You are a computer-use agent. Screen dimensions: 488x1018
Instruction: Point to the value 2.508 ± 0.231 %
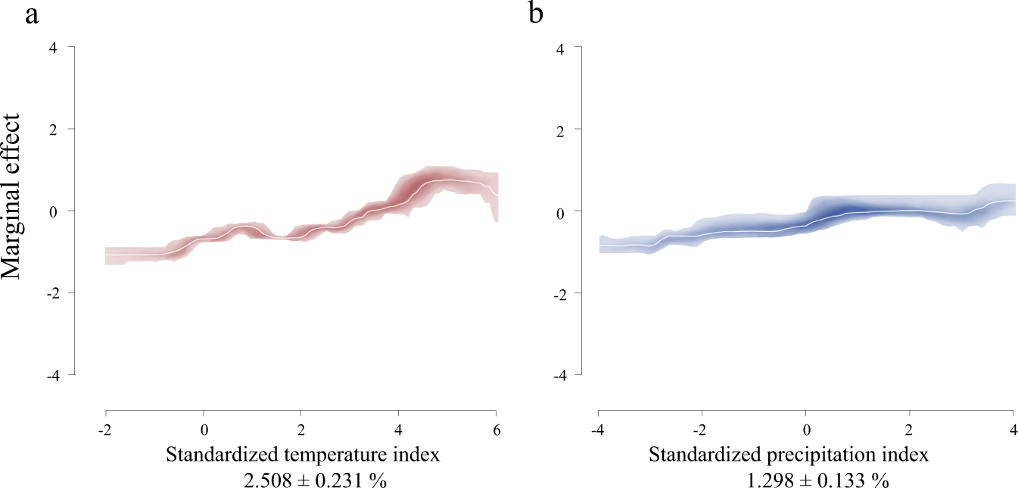[x=300, y=479]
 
